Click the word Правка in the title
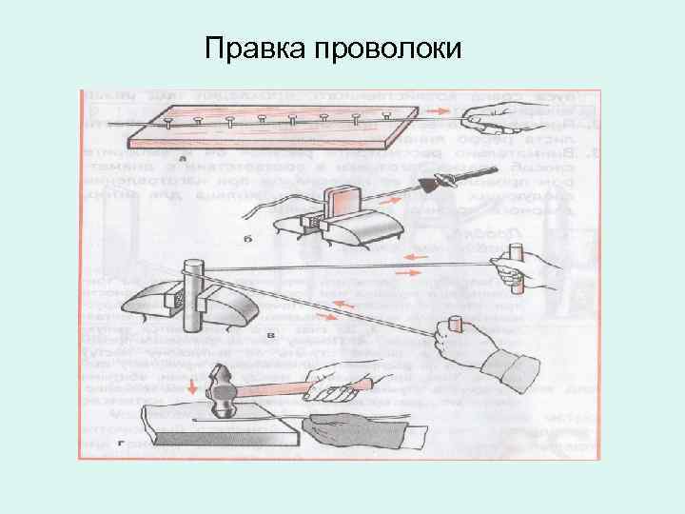coord(250,47)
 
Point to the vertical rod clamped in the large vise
coord(193,295)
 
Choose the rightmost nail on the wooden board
coord(386,114)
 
